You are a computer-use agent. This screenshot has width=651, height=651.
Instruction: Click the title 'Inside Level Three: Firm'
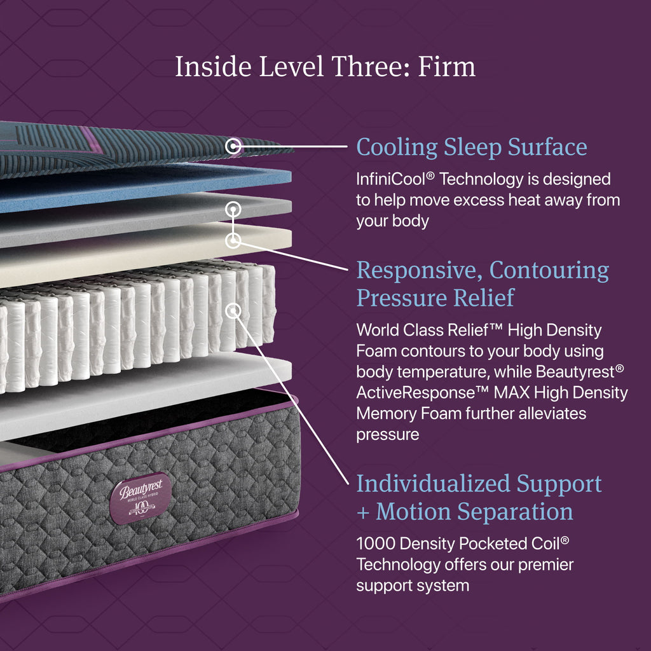click(325, 66)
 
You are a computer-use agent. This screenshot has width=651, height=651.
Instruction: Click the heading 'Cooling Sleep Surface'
click(472, 147)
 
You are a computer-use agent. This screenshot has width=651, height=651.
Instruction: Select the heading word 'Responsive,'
click(419, 270)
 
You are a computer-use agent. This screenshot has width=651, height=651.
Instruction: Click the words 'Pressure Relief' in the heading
click(435, 298)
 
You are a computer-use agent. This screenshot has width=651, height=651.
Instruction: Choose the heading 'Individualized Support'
click(479, 484)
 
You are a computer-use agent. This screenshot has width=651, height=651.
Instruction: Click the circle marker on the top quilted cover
click(233, 146)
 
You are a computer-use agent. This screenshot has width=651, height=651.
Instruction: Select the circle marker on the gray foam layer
click(233, 210)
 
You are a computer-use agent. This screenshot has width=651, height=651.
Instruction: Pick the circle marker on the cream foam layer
click(233, 240)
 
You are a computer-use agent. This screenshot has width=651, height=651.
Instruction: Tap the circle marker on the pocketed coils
click(233, 310)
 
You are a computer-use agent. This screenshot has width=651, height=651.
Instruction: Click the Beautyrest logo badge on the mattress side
click(140, 498)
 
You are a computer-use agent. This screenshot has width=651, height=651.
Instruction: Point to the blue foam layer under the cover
click(146, 187)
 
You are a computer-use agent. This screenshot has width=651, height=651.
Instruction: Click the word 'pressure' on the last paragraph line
click(387, 435)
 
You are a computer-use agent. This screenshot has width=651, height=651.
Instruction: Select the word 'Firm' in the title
click(447, 66)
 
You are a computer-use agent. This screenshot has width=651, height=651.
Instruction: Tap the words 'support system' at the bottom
click(413, 586)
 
